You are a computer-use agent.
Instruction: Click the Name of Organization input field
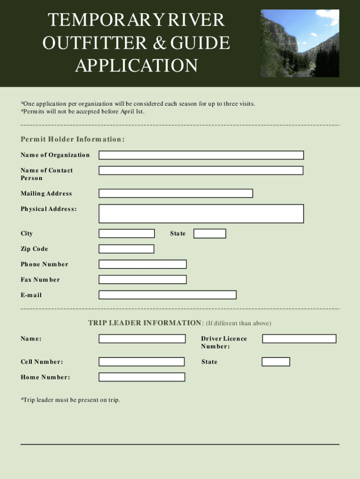click(201, 155)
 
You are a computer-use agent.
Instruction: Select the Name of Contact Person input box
click(201, 171)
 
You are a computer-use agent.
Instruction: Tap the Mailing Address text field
click(176, 194)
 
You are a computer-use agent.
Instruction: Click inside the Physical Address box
click(201, 214)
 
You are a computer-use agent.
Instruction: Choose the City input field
click(127, 233)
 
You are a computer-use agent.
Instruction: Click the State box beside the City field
click(210, 233)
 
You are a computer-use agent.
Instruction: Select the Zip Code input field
click(126, 249)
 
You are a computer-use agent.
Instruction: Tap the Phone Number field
click(143, 264)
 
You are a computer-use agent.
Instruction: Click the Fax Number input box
click(143, 280)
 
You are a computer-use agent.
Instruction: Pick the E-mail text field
click(167, 295)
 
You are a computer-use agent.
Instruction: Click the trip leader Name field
click(142, 339)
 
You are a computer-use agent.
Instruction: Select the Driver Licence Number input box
click(299, 339)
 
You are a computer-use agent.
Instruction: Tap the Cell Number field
click(142, 362)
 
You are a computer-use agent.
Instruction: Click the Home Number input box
click(142, 377)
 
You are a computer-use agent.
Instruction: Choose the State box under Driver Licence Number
click(276, 362)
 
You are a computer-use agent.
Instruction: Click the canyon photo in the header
click(300, 44)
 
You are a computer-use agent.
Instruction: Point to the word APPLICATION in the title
click(137, 65)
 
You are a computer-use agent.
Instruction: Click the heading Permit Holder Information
click(72, 139)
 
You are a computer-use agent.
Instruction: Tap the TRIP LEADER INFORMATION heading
click(145, 323)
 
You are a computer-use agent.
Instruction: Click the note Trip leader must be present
click(70, 400)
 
